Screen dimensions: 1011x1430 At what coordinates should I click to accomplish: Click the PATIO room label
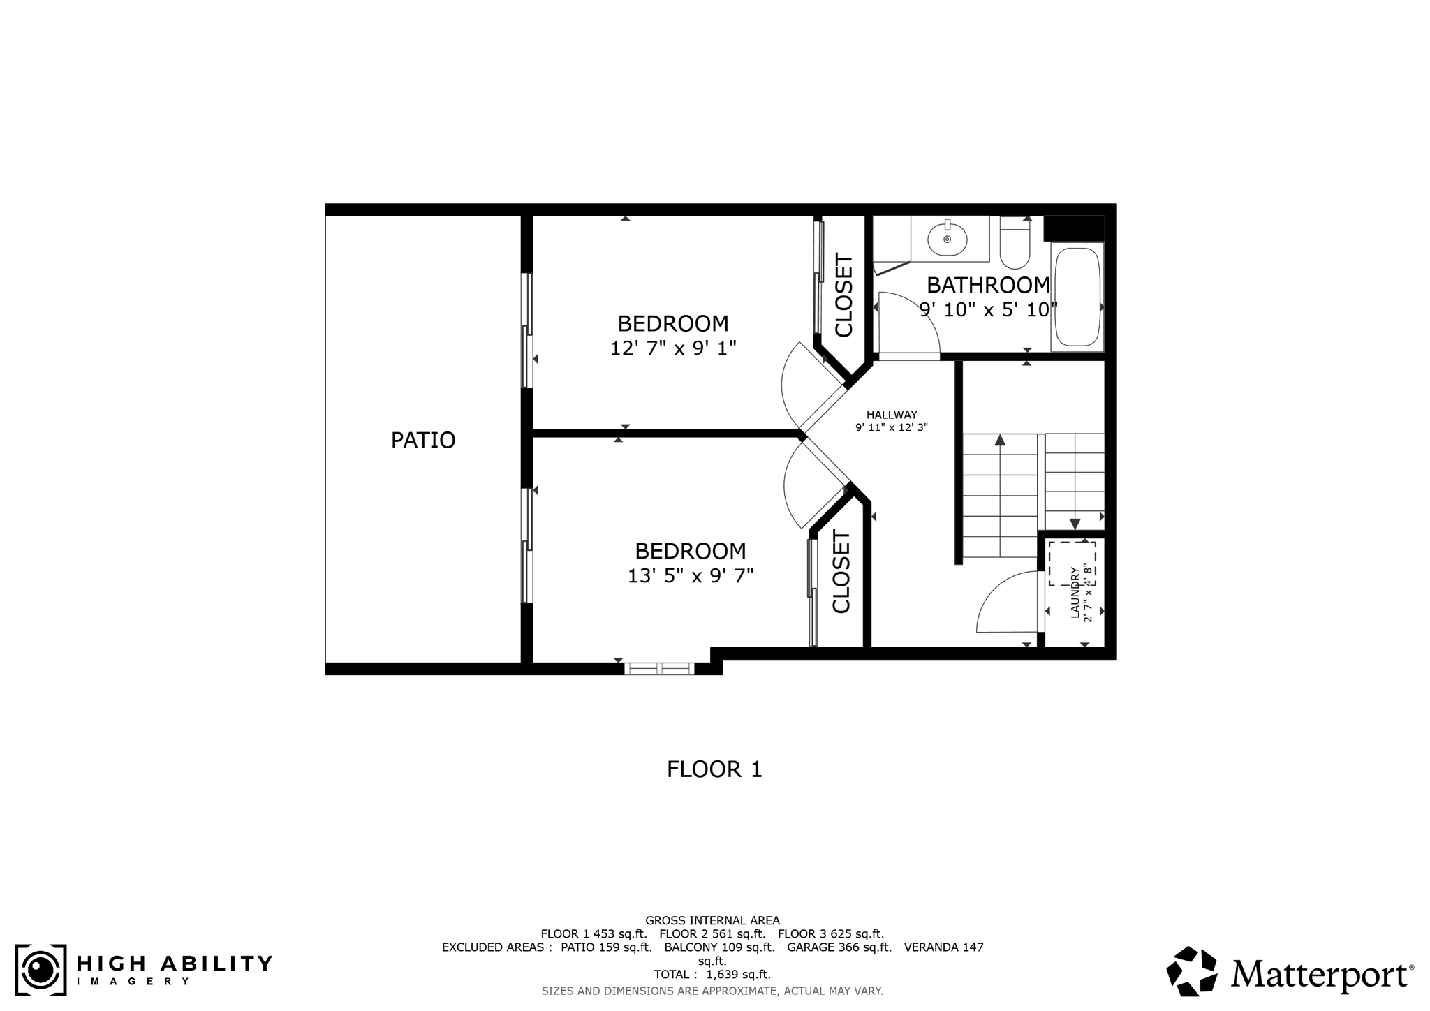pyautogui.click(x=423, y=440)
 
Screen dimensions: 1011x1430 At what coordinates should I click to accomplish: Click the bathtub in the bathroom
pyautogui.click(x=1077, y=297)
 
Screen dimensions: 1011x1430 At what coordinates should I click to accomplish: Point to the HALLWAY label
pyautogui.click(x=892, y=415)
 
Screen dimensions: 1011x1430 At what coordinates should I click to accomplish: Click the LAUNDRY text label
pyautogui.click(x=1075, y=592)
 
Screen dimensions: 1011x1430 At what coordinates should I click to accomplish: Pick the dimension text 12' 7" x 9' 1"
pyautogui.click(x=673, y=348)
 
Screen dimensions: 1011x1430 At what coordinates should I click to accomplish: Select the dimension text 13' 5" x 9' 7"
pyautogui.click(x=691, y=575)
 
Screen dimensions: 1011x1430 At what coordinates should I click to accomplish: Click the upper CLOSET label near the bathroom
pyautogui.click(x=844, y=296)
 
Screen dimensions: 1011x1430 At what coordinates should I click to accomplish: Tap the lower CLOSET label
pyautogui.click(x=841, y=572)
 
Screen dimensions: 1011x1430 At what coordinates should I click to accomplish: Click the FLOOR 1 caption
pyautogui.click(x=714, y=769)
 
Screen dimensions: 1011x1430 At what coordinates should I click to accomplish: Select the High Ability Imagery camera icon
pyautogui.click(x=40, y=970)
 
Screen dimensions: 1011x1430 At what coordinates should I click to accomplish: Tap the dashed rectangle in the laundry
pyautogui.click(x=1072, y=563)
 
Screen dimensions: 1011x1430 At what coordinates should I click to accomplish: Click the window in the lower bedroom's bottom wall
pyautogui.click(x=659, y=668)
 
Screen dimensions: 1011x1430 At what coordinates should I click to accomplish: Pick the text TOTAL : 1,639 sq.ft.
pyautogui.click(x=712, y=974)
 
